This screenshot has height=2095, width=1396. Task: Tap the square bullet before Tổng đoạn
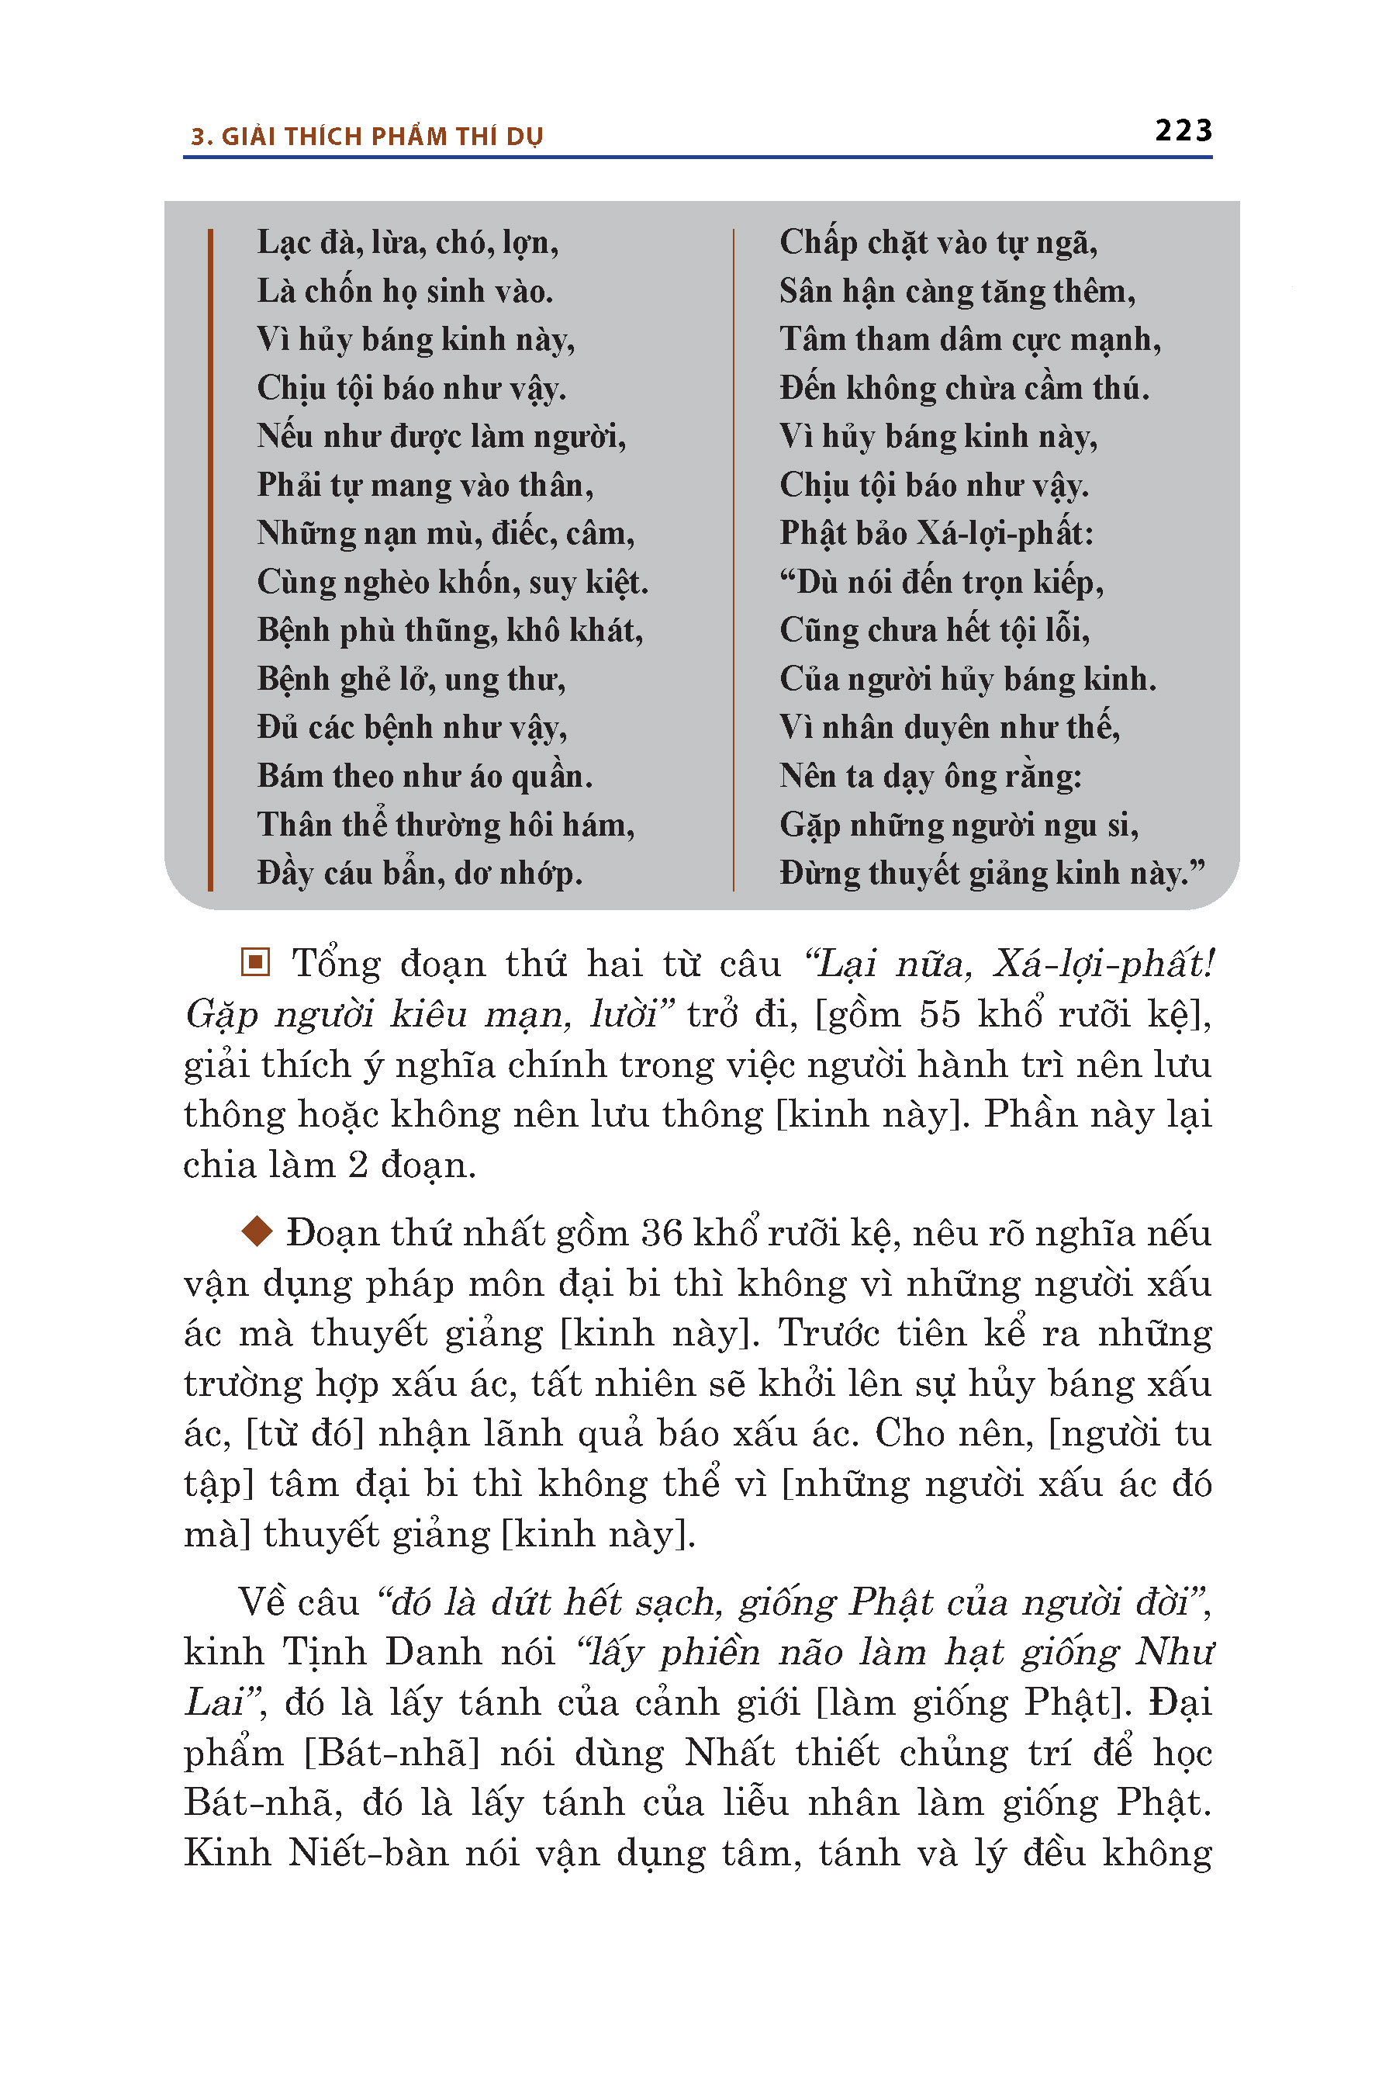tap(255, 962)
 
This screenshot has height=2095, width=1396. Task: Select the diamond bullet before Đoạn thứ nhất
tap(257, 1233)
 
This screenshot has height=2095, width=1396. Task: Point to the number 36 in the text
tap(662, 1234)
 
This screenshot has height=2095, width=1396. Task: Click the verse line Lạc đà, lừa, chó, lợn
tap(408, 242)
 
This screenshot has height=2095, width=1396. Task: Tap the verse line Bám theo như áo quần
tap(425, 776)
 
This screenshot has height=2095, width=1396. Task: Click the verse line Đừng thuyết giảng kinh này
tap(992, 873)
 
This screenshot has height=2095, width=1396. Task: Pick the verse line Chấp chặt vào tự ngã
tap(938, 242)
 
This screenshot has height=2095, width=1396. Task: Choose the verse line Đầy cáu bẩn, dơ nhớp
tap(420, 873)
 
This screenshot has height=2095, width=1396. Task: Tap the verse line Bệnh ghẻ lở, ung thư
tap(411, 679)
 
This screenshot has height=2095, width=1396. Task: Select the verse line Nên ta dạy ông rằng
tap(931, 776)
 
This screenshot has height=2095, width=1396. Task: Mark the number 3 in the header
tap(199, 137)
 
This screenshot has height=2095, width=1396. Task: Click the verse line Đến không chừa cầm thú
tap(964, 387)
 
